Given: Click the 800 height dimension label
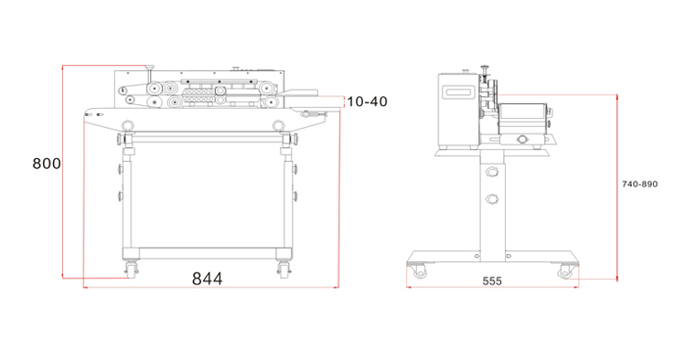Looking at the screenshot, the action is (47, 164).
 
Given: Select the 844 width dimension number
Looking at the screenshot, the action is (208, 279).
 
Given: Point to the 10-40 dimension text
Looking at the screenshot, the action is (367, 101).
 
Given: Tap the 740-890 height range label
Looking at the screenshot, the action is (639, 184).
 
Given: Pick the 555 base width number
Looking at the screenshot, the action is (492, 281).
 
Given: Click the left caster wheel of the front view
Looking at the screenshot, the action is (131, 269).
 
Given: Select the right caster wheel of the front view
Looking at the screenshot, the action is (283, 269).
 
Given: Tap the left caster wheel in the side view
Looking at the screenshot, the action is (419, 271).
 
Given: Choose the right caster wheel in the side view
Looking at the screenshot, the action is (565, 271).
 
